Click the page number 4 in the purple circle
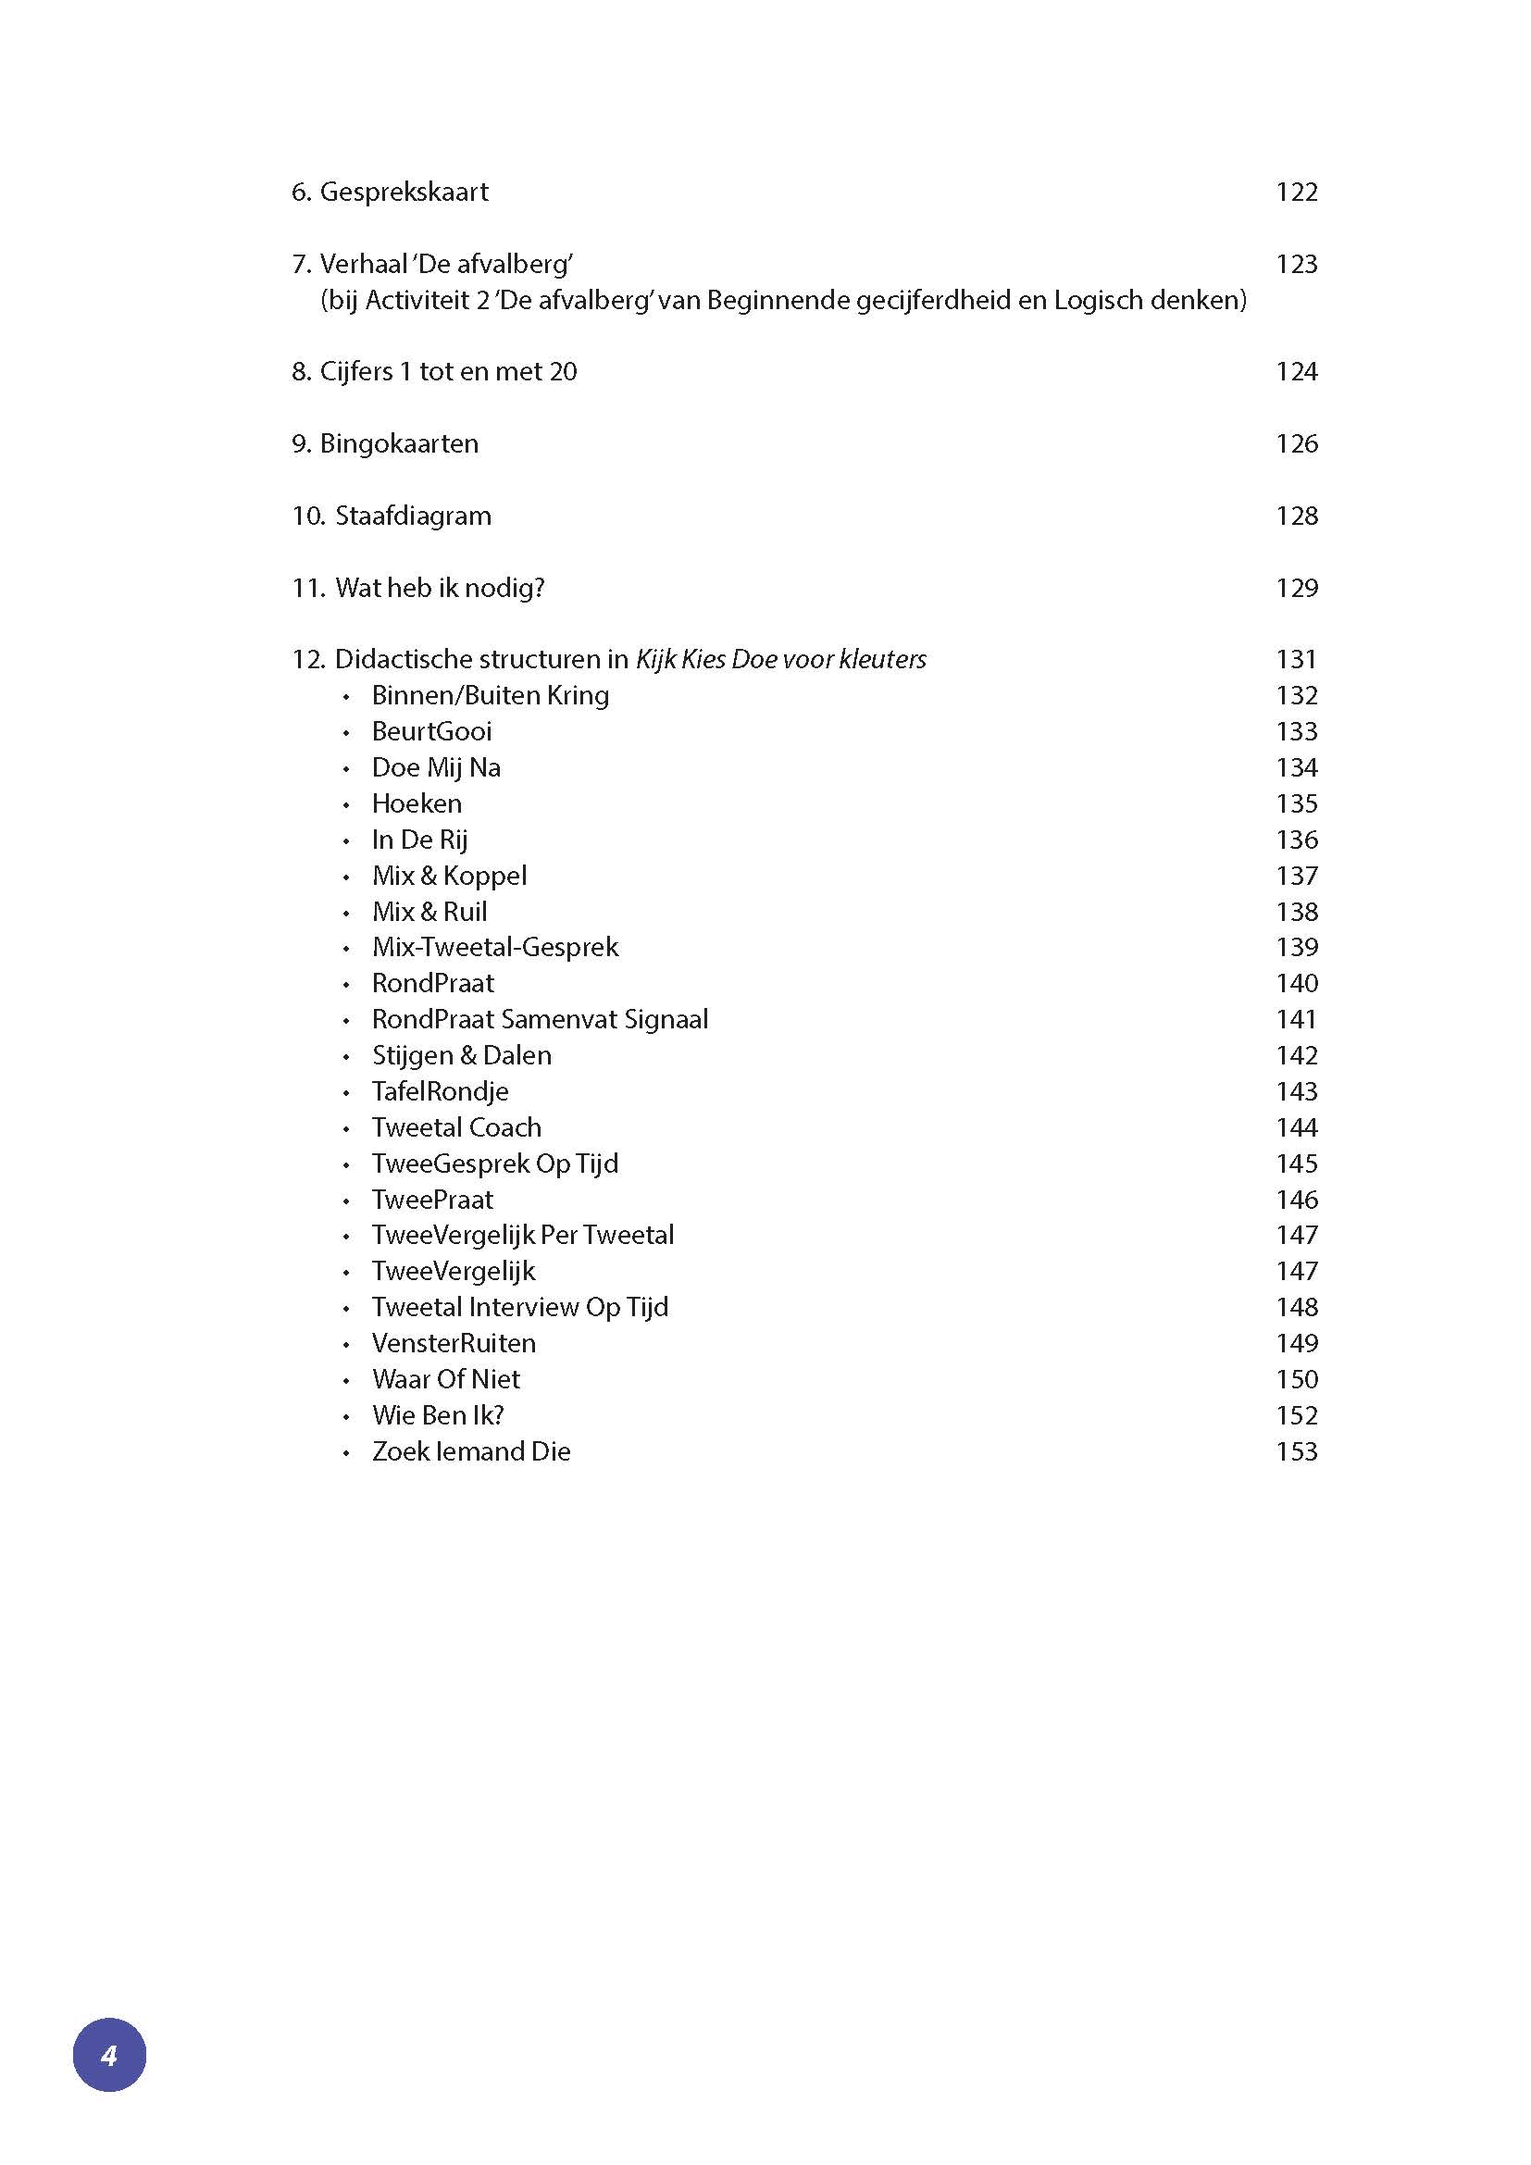109,2055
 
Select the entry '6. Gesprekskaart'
390,193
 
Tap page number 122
1296,193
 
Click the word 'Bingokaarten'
399,444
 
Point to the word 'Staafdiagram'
413,516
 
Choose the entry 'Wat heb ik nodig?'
440,589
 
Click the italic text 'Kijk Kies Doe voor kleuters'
780,659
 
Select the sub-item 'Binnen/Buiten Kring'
491,696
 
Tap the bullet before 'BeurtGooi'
347,733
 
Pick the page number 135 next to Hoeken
1296,804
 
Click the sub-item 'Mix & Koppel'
449,876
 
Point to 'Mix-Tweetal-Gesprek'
495,947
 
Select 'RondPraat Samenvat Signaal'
540,1019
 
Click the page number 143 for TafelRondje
1296,1092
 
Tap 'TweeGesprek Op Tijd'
495,1163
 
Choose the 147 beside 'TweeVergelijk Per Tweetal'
1296,1236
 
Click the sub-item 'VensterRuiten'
454,1344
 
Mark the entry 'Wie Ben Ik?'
438,1415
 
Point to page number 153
1296,1452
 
